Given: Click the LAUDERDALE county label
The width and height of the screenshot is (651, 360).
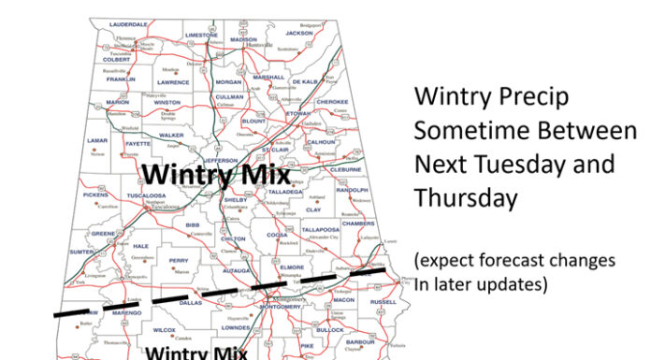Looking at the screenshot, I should pos(127,24).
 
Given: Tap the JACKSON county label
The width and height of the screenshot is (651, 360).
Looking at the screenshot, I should pos(299,33).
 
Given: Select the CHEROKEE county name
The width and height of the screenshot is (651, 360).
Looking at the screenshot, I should pos(332,102).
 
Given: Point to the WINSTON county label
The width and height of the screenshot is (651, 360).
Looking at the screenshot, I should pos(167,103).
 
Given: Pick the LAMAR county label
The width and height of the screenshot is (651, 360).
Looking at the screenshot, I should pos(97,140).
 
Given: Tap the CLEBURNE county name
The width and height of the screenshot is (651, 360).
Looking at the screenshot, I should pos(345,169).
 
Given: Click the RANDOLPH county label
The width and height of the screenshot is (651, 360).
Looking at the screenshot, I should pos(353,189).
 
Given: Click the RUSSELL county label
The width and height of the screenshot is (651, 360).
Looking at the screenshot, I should pos(383,302).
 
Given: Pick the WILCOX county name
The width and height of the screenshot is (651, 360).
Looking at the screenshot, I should pos(165,330).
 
